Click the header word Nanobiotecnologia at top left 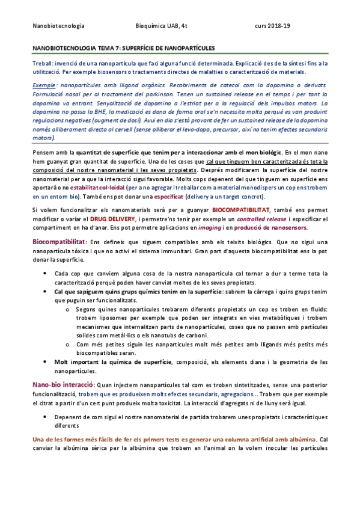(58, 26)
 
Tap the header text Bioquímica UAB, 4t (162, 26)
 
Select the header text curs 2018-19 (272, 26)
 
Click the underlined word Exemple (46, 87)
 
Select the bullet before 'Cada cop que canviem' (47, 274)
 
